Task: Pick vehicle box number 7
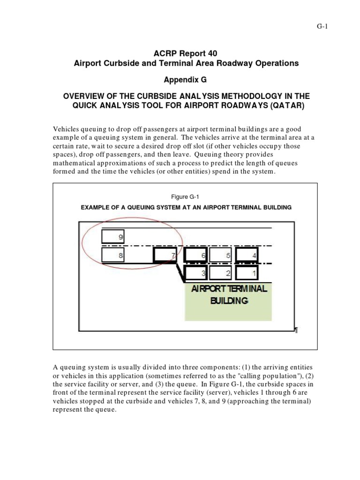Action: (x=165, y=255)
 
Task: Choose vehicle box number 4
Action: (x=247, y=255)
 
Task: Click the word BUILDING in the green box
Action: (x=228, y=301)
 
